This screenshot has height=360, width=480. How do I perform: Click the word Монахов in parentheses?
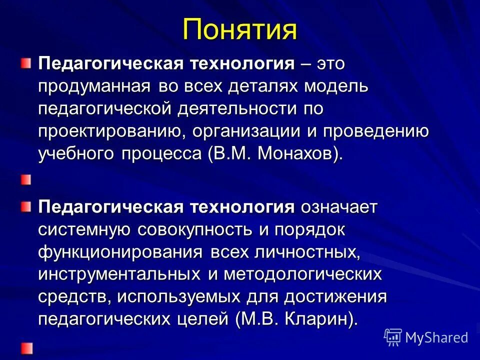pyautogui.click(x=298, y=154)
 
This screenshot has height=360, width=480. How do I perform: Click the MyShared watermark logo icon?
pyautogui.click(x=393, y=337)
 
